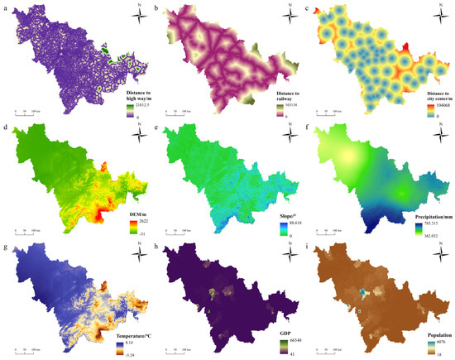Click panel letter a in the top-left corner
pyautogui.click(x=4, y=7)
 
